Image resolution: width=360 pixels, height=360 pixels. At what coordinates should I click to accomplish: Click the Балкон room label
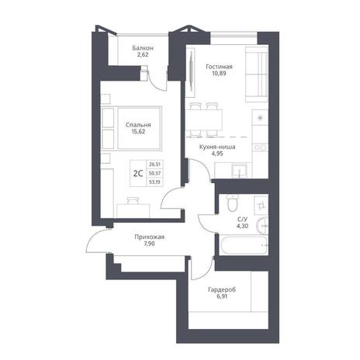pos(143,48)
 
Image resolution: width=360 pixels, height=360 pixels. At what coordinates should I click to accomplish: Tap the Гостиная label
pos(219,67)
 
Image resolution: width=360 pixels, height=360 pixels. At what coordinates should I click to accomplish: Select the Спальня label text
pos(138,125)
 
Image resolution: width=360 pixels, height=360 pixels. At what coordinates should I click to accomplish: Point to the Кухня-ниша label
pos(217,147)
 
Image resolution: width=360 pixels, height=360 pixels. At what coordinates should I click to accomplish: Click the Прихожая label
pos(149,237)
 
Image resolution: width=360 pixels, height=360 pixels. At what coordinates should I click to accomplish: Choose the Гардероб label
pos(222,290)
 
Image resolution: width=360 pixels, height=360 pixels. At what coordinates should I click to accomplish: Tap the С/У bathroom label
pos(242,220)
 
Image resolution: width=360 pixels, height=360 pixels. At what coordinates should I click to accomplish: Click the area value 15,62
pos(138,132)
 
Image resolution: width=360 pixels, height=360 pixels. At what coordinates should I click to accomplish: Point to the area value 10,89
pos(219,73)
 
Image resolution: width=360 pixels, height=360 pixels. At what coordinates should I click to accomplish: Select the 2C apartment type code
pos(138,174)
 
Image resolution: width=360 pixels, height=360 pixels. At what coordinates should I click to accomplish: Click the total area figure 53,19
pos(154,182)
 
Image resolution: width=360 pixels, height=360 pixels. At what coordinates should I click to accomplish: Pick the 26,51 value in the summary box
pos(154,164)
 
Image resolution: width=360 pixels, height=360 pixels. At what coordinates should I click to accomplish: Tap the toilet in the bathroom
pos(232,202)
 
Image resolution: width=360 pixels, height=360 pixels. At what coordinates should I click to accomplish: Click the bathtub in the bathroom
pos(244,245)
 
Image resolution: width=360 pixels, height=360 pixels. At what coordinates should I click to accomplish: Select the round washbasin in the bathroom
pos(262,225)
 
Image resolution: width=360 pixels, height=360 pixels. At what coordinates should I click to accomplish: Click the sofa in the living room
pos(256,74)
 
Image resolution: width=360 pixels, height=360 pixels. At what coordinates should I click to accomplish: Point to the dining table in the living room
pos(204,120)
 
